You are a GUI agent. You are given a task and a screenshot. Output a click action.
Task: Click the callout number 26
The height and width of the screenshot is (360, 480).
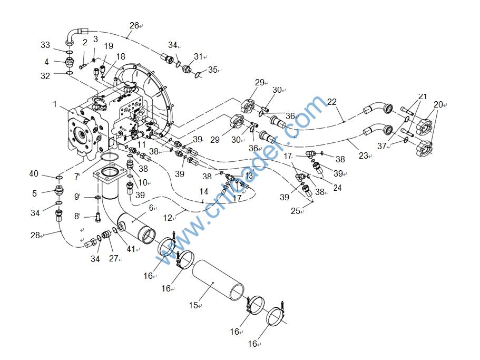[x=134, y=25]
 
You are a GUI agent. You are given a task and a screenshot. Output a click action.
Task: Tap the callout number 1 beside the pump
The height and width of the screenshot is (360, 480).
[x=55, y=104]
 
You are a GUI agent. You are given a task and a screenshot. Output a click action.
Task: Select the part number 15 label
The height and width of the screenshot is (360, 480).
[x=193, y=305]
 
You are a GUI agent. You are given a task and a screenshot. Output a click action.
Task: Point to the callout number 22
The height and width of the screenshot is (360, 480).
[x=331, y=101]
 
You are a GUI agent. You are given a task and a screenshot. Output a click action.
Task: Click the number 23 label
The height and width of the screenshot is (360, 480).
[x=364, y=155]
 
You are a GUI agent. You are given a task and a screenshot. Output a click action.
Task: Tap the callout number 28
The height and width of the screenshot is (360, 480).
[x=35, y=235]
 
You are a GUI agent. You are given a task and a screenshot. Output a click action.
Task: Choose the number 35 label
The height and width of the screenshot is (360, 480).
[x=212, y=70]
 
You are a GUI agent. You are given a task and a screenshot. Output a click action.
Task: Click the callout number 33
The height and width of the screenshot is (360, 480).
[x=45, y=45]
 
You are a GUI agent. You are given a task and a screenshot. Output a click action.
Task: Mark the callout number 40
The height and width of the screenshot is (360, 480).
[x=34, y=174]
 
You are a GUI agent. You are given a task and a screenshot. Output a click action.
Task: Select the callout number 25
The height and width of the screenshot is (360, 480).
[x=296, y=211]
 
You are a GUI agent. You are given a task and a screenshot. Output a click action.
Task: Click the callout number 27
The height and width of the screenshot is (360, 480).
[x=113, y=259]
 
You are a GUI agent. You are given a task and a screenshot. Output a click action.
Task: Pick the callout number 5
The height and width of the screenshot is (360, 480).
[x=34, y=193]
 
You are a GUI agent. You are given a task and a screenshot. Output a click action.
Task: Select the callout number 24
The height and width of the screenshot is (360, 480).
[x=337, y=187]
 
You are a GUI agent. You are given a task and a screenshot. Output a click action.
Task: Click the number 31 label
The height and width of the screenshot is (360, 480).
[x=198, y=56]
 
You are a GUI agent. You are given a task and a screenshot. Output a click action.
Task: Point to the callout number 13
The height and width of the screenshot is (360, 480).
[x=249, y=176]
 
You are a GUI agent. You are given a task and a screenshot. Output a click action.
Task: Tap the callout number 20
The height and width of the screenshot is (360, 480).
[x=438, y=104]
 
